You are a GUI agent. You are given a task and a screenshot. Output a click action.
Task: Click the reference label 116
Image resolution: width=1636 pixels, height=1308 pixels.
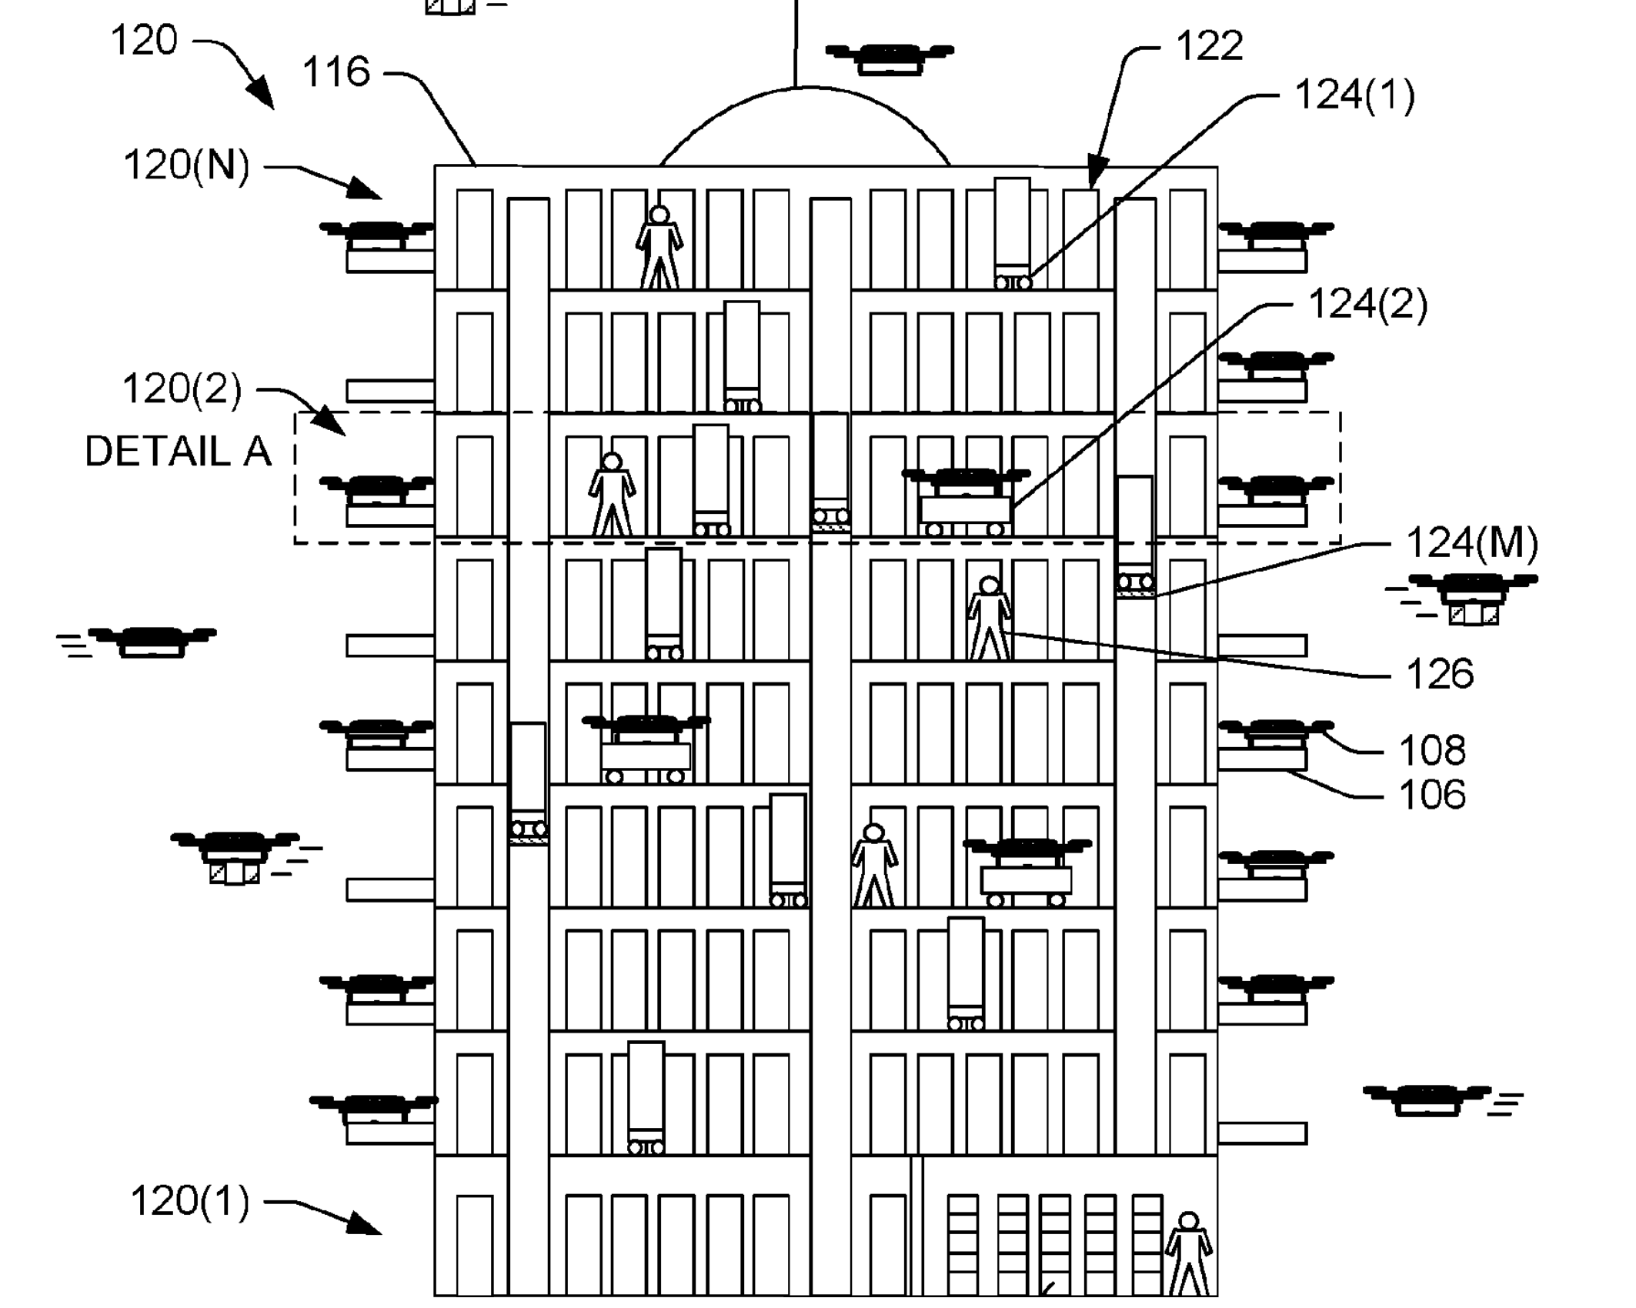pyautogui.click(x=336, y=72)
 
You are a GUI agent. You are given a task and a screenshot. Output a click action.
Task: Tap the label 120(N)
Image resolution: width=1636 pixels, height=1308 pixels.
pyautogui.click(x=187, y=165)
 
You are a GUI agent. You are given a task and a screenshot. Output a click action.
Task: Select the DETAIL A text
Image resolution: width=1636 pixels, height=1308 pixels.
pyautogui.click(x=178, y=452)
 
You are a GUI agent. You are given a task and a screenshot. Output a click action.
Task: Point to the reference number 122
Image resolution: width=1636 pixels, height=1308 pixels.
pyautogui.click(x=1209, y=46)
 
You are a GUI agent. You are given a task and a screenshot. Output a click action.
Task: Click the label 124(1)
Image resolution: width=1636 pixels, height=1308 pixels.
pyautogui.click(x=1354, y=96)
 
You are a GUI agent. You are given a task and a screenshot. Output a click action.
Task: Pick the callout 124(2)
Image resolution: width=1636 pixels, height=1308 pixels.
pyautogui.click(x=1367, y=304)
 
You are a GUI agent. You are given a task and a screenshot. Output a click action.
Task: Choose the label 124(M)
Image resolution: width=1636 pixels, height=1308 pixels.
pyautogui.click(x=1471, y=543)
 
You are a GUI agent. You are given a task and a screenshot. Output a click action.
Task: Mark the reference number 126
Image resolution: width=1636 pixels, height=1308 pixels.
pyautogui.click(x=1439, y=674)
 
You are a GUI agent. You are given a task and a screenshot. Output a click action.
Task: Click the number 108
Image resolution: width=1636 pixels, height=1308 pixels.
pyautogui.click(x=1431, y=750)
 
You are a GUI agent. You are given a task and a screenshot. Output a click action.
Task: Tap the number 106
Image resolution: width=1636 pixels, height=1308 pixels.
pyautogui.click(x=1431, y=795)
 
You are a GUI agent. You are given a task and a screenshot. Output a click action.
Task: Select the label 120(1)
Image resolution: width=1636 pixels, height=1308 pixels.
pyautogui.click(x=190, y=1201)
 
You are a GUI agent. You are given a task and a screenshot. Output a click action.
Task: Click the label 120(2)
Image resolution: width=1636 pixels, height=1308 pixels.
pyautogui.click(x=182, y=389)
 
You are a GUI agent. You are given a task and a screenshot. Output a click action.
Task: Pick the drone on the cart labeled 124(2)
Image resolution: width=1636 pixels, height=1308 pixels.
pyautogui.click(x=966, y=481)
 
